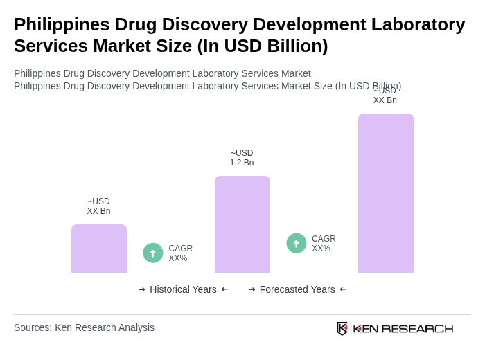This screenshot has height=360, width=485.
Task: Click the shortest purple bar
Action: coord(99,249)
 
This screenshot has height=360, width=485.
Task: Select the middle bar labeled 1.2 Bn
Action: coord(242,224)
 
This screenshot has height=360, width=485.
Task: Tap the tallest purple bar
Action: coord(386,193)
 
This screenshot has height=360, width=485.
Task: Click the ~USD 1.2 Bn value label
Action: coord(242,158)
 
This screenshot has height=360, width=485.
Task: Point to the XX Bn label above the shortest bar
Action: coord(98,206)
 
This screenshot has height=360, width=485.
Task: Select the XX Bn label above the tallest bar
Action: coord(385,96)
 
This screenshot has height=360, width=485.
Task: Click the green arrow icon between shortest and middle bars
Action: coord(153,253)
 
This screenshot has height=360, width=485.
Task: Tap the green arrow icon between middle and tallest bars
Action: coord(297,244)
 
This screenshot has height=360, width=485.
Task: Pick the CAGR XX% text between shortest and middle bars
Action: coord(181,253)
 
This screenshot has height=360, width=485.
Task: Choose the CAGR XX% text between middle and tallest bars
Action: coord(324,244)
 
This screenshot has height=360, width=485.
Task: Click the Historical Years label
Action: coord(183,289)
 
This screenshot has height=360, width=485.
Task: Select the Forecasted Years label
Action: coord(297,289)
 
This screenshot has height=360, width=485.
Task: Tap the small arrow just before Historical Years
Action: coord(142,289)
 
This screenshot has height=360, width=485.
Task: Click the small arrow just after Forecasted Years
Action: coord(343,289)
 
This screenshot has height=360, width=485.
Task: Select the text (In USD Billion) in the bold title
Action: coord(263,46)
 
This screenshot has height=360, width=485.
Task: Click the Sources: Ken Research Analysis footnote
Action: coord(84,327)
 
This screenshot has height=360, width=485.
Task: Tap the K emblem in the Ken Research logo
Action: coord(342,328)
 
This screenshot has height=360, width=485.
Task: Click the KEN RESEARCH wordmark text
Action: coord(403,328)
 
